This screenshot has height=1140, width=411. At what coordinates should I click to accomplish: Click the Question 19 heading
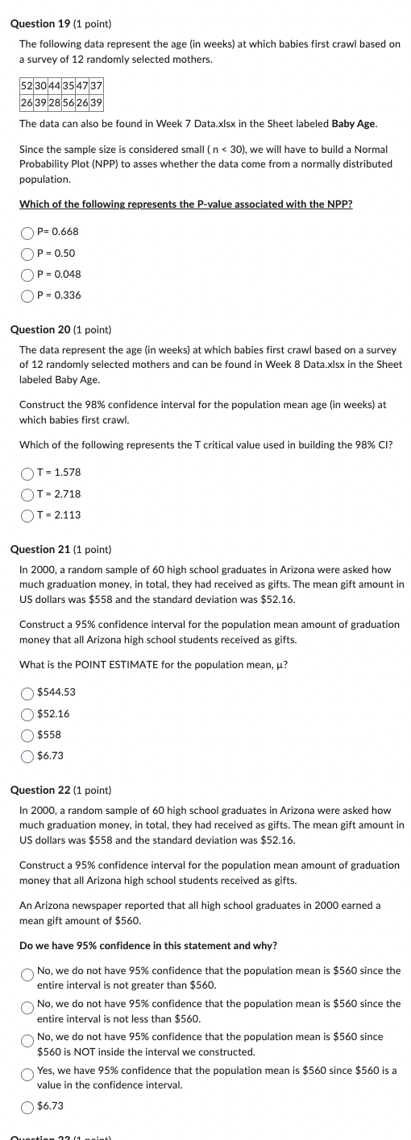(x=60, y=24)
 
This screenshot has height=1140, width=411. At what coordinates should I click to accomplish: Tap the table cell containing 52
(x=27, y=86)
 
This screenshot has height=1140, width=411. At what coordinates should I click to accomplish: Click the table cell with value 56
(x=68, y=103)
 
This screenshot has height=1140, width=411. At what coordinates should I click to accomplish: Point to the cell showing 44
(x=54, y=86)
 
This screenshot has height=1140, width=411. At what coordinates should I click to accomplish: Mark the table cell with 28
(x=54, y=103)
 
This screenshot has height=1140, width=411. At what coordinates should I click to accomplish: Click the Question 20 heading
(x=60, y=330)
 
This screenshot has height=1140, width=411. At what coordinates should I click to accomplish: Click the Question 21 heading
(x=60, y=550)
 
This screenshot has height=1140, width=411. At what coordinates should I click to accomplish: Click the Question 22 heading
(x=60, y=791)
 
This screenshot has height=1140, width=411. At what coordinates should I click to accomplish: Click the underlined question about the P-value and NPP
(x=185, y=204)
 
